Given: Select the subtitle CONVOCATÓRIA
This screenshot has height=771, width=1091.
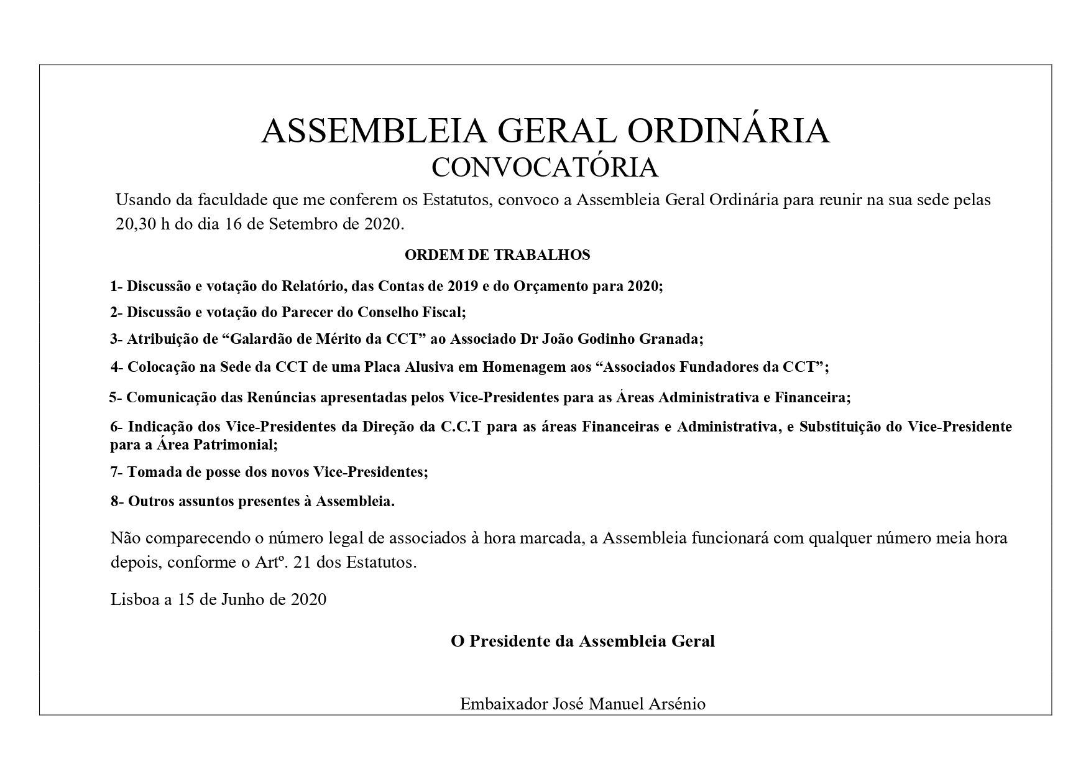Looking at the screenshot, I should click(545, 167).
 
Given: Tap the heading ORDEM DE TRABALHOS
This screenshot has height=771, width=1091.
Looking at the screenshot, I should click(497, 255).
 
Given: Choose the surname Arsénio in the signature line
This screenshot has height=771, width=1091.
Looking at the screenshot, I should click(679, 704).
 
